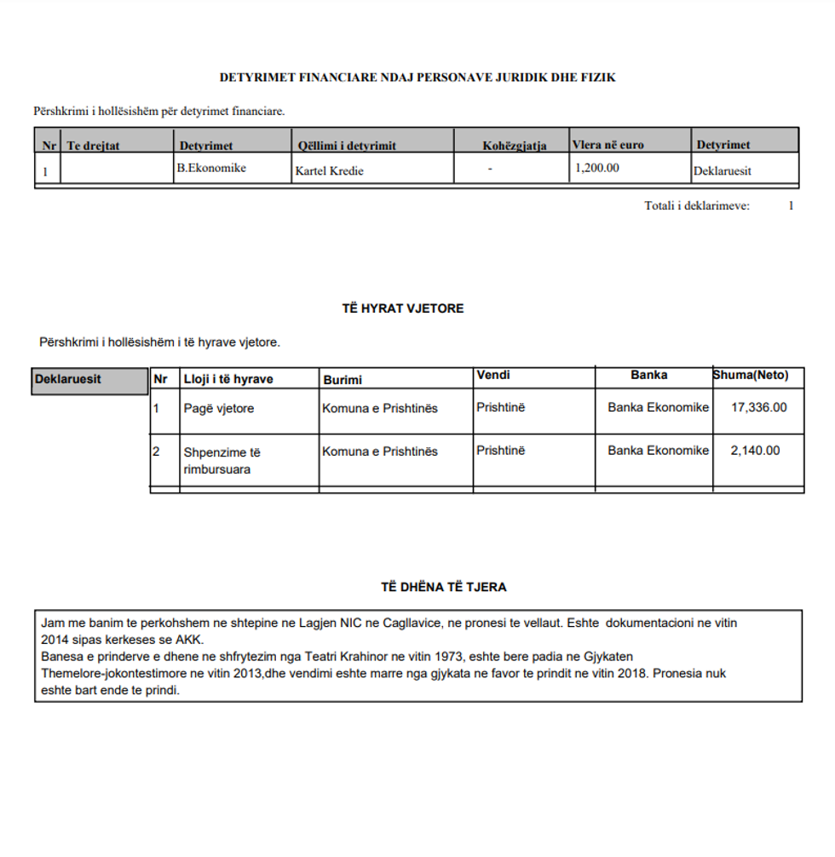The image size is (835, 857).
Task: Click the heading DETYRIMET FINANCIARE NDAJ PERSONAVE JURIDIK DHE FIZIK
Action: point(417,78)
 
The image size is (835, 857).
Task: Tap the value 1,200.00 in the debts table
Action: point(597,168)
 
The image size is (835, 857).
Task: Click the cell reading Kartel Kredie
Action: point(329,171)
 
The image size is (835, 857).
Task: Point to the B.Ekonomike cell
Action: point(211,168)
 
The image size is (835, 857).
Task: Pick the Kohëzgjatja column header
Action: point(514,146)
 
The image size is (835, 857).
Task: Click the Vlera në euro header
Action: point(608,145)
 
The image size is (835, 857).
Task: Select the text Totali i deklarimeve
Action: point(697,205)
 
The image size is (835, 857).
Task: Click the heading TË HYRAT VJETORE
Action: point(403,308)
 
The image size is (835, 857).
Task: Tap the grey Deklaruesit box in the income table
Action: point(89,380)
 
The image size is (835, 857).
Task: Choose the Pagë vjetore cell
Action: point(219,408)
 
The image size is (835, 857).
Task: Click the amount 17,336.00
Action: point(759,407)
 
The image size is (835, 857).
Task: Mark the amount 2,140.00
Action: point(755,451)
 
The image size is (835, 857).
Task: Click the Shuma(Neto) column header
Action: point(751,375)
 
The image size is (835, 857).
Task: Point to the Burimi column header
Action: point(342,380)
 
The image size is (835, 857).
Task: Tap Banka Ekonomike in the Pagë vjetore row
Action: point(658,407)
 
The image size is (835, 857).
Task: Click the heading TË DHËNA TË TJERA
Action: point(444,587)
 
